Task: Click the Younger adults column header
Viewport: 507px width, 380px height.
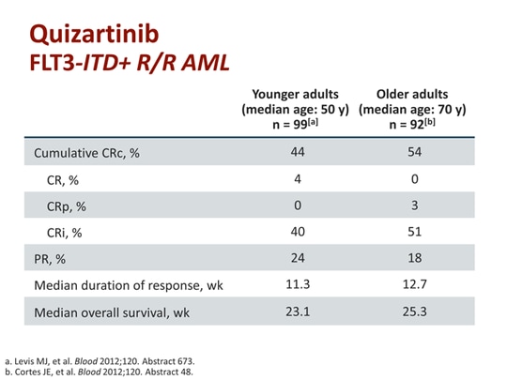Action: [296, 109]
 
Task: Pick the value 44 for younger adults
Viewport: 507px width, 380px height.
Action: [296, 152]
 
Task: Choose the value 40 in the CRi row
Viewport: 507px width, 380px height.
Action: [296, 232]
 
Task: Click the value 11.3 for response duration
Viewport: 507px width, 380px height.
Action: [296, 285]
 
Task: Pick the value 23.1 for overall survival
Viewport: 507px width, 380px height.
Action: [296, 312]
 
